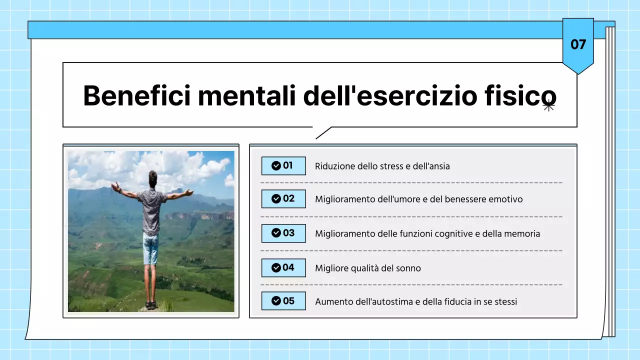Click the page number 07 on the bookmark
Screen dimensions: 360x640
coord(578,44)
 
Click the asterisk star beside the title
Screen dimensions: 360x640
coord(548,106)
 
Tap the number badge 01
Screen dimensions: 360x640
coord(283,165)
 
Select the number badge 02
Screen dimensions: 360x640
coord(283,199)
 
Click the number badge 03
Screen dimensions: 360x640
coord(283,233)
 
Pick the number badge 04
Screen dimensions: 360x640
coord(283,267)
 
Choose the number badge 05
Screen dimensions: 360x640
coord(283,301)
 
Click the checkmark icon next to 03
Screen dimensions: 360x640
coord(275,233)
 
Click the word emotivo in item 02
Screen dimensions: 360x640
coord(505,199)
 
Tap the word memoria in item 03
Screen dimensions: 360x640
coord(522,233)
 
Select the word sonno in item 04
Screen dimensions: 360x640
coord(408,268)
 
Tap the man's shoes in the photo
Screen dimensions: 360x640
coord(150,304)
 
